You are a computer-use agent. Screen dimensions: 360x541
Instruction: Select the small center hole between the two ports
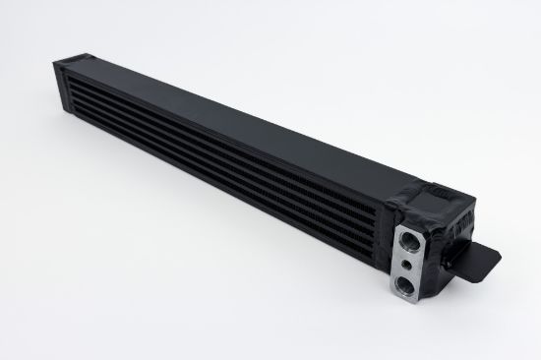click(x=407, y=263)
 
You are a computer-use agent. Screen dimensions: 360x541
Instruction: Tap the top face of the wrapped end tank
click(x=438, y=189)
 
